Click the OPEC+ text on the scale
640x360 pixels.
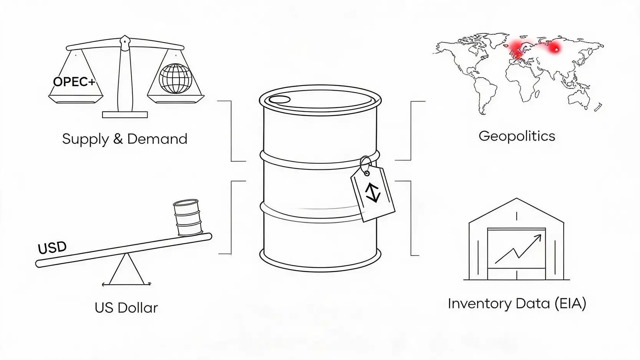point(74,82)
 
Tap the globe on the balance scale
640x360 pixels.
point(176,78)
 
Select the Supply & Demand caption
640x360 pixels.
point(124,139)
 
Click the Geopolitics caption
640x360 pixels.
point(517,136)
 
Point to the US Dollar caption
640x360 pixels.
point(126,308)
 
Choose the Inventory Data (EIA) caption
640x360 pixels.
point(517,304)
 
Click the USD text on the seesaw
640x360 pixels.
point(52,247)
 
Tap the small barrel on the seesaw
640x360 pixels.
point(187,218)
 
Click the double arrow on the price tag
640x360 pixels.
point(373,193)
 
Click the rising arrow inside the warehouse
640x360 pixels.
point(518,249)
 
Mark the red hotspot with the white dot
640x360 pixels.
point(555,49)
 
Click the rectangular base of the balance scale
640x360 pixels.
point(125,114)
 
